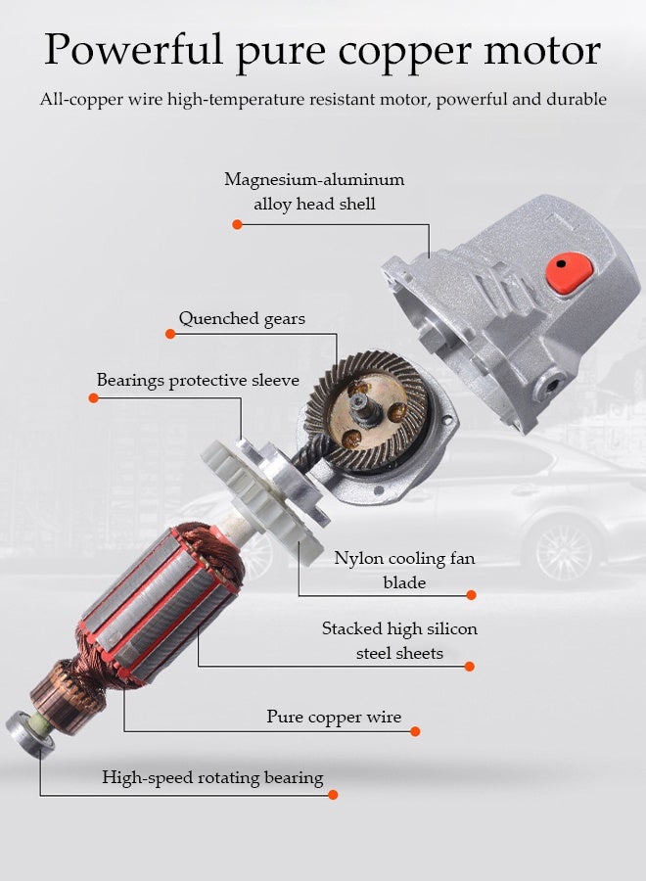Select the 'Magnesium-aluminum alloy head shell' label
coord(314,192)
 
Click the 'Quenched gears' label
coord(242,319)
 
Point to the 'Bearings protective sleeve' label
coord(198,380)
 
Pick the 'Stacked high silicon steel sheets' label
coord(399,641)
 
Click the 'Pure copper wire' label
coord(334,718)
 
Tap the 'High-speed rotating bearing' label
coord(212,778)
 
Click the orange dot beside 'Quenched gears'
coord(170,334)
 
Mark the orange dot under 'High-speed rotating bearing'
coord(333,795)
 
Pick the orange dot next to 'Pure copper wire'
coord(415,731)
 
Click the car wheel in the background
coord(566,549)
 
